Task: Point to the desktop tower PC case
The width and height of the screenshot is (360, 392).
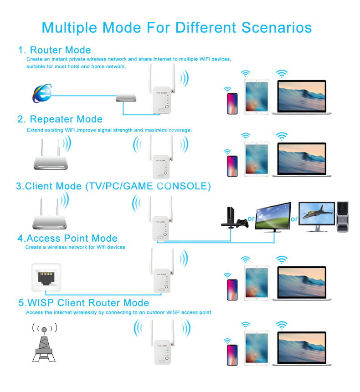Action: (342, 217)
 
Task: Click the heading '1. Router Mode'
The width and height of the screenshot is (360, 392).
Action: (55, 50)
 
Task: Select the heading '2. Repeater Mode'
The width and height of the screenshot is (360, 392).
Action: (60, 119)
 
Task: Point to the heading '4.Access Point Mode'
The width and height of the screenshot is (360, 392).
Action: (67, 238)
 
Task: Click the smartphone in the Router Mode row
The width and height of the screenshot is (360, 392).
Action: (232, 103)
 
